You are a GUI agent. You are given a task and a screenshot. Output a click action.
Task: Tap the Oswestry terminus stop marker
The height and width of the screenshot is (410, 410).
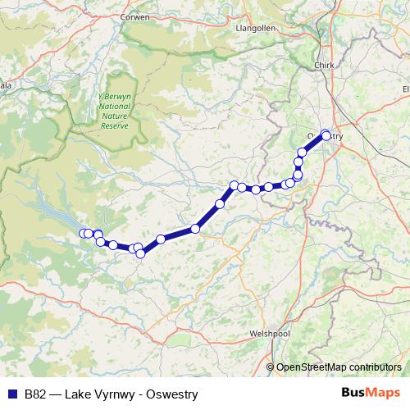[x=326, y=135]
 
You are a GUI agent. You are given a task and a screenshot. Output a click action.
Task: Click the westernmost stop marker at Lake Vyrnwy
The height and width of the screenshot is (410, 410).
[x=83, y=235]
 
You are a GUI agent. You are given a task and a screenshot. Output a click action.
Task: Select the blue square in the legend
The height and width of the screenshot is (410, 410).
[x=11, y=394]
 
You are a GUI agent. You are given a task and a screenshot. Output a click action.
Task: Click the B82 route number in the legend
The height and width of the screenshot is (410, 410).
[x=35, y=394]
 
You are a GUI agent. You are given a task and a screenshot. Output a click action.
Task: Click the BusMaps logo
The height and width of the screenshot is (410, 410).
[x=371, y=393]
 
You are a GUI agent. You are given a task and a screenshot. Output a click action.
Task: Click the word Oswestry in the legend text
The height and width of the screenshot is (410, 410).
[x=173, y=394]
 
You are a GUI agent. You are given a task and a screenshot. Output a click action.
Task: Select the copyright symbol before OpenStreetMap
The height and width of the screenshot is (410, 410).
[x=271, y=367]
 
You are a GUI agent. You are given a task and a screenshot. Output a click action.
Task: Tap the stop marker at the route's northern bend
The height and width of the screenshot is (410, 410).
[x=234, y=185]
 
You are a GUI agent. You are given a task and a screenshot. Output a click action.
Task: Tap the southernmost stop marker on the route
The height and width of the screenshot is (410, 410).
[x=140, y=253]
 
